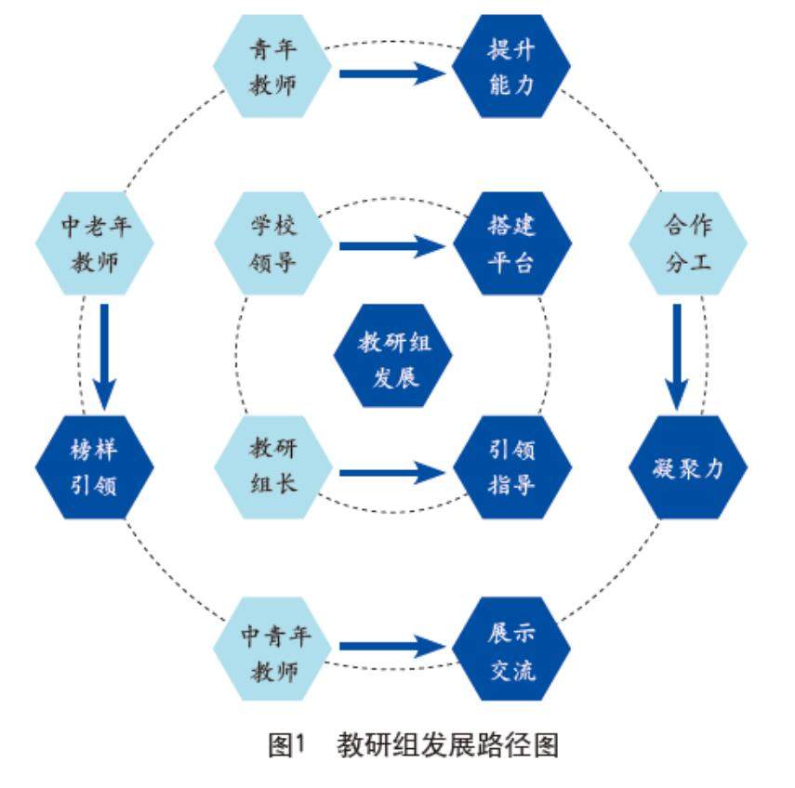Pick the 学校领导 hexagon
pos(273,243)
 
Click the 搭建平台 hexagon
pos(511,243)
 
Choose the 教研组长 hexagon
pos(273,466)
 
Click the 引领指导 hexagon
pos(511,466)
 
